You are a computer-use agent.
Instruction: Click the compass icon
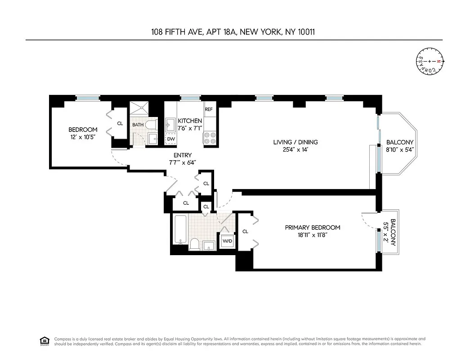[429, 61]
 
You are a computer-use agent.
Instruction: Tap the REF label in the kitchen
[209, 109]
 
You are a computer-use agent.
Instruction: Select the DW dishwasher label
[171, 139]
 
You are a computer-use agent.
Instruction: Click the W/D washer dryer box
[227, 241]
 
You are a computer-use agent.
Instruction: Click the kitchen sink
[171, 124]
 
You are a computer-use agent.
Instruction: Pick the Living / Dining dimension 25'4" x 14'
[292, 150]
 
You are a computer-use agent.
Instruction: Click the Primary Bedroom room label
[313, 227]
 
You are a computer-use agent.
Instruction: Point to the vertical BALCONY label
[393, 232]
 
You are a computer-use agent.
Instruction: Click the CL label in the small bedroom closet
[120, 123]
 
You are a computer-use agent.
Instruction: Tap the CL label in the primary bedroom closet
[245, 232]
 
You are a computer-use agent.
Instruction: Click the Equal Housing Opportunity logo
[45, 340]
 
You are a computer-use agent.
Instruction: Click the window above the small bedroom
[87, 98]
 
